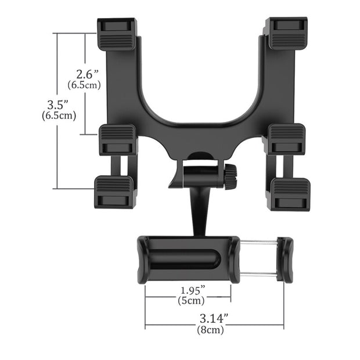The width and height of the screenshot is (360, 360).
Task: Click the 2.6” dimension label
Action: [x=88, y=74]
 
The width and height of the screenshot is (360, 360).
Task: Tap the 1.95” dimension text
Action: [x=190, y=290]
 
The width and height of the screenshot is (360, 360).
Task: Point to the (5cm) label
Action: [x=191, y=301]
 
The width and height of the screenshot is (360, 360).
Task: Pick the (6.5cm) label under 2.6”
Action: [x=84, y=85]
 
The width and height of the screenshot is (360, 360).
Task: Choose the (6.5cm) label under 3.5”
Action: [x=59, y=115]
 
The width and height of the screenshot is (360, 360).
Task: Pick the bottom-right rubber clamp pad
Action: [x=290, y=193]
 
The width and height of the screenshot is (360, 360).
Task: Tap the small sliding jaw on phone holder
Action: [x=285, y=260]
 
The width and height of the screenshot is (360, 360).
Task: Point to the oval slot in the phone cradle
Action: [x=185, y=260]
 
